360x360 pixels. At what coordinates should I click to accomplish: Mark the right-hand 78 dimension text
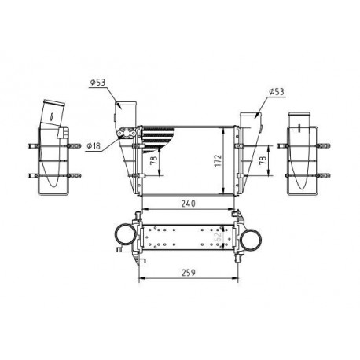point(263,159)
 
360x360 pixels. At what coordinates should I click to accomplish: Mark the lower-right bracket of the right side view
point(321,175)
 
